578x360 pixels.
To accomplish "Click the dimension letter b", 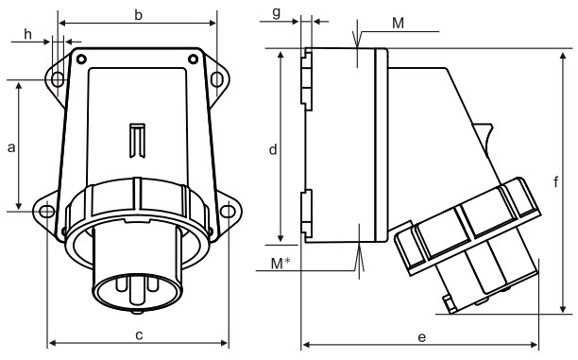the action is coord(138,15).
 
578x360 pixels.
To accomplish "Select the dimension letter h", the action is coord(28,34).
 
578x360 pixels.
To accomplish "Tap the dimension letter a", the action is coord(11,147).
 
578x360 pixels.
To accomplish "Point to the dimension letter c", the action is coord(139,335).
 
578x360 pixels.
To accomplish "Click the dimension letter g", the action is coord(277,13).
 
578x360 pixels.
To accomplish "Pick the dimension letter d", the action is coord(273,149).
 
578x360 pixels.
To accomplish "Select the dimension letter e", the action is coord(422,337).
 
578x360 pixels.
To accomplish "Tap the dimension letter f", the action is coord(556,181).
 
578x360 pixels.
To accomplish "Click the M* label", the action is coord(280,264).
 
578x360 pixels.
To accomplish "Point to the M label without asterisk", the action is coord(399,24).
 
